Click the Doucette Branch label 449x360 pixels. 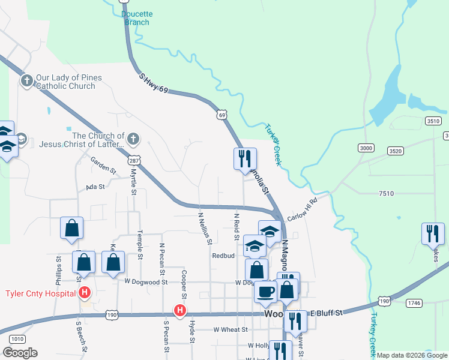(x=136, y=18)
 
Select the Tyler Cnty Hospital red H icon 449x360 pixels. (x=85, y=293)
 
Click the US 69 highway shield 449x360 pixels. (x=222, y=115)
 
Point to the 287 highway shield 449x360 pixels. (x=134, y=161)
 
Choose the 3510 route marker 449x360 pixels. (x=433, y=121)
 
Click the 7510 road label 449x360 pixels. (x=387, y=193)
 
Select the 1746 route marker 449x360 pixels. (x=414, y=304)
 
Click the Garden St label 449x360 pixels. (x=102, y=161)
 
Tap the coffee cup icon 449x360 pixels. (x=265, y=292)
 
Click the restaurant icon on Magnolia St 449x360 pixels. (x=245, y=159)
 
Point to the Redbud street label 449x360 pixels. (x=223, y=255)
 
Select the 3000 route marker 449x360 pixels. (x=365, y=148)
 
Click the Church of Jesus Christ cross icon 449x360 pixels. (x=133, y=140)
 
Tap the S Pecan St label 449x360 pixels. (x=166, y=339)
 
